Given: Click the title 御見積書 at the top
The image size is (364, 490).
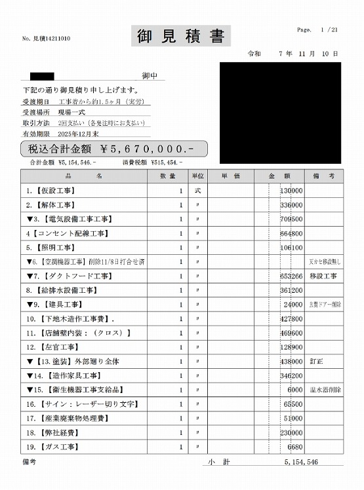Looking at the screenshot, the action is pyautogui.click(x=182, y=37).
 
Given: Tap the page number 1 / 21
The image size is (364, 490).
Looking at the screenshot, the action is pyautogui.click(x=329, y=30).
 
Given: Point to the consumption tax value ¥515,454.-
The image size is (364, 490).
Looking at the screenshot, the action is pyautogui.click(x=167, y=162).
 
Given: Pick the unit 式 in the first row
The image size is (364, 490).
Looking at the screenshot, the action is pyautogui.click(x=198, y=191).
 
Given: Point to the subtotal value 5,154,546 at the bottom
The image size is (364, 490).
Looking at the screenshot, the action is pyautogui.click(x=301, y=462).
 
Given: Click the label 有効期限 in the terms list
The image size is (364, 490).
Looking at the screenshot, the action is pyautogui.click(x=36, y=133).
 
